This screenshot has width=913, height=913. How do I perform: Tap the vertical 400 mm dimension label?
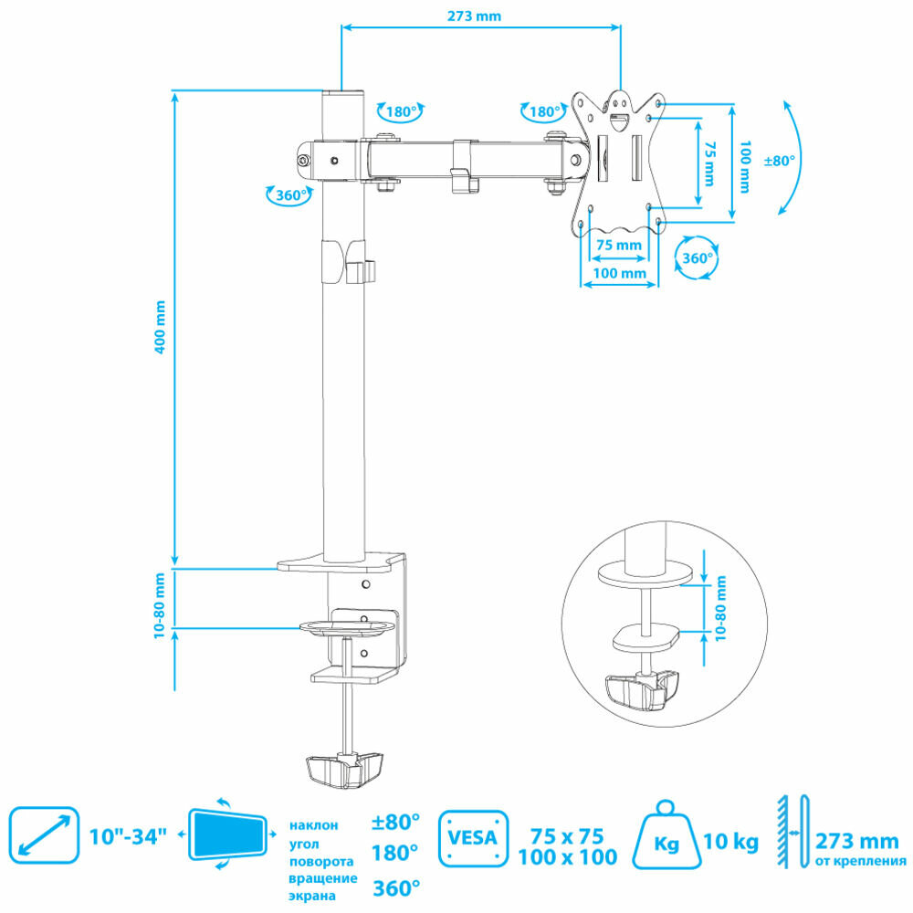(161, 327)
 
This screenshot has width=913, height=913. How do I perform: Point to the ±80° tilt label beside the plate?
(779, 160)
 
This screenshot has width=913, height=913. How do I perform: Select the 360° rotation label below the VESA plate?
(697, 258)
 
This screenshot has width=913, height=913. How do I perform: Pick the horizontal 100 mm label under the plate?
(619, 273)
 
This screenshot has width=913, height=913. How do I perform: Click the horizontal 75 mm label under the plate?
(618, 245)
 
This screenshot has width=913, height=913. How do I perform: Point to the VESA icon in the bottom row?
(473, 837)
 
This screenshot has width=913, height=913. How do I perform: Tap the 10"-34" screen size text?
(128, 835)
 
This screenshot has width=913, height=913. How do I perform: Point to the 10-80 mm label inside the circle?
(721, 604)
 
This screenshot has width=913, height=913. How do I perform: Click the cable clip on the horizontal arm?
(464, 167)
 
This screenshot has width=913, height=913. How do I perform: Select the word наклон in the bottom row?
(313, 825)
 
